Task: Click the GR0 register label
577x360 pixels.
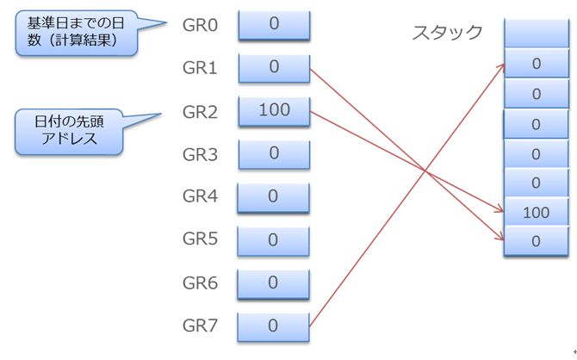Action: coord(201,24)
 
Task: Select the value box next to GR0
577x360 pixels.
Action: coord(273,24)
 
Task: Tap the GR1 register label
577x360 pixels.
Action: coord(201,67)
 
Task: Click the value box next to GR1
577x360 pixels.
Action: coord(273,67)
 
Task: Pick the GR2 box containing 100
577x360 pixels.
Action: coord(273,110)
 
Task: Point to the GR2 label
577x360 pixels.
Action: coord(201,111)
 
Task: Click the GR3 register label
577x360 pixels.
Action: coord(201,154)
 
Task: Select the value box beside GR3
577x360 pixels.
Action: coord(273,153)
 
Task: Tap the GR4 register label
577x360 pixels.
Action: coord(201,196)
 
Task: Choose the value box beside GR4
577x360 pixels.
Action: coord(273,196)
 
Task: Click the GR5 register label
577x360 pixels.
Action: coord(201,239)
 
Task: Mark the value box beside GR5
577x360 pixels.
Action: coord(273,239)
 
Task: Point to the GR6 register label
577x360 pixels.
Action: coord(201,282)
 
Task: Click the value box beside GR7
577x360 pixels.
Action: coord(273,326)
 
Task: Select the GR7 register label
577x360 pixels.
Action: coord(201,326)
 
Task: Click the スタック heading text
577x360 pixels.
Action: coord(447,34)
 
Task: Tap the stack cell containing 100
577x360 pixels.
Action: coord(536,212)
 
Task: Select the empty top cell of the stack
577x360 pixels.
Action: coord(536,34)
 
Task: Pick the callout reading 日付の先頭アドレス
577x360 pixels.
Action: coord(70,130)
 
